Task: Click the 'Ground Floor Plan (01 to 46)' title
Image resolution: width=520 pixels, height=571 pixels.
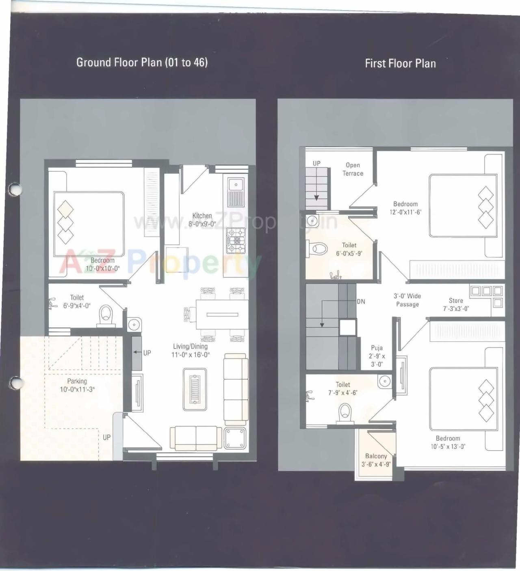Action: pos(142,62)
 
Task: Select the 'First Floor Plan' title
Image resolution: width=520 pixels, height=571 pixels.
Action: pos(400,63)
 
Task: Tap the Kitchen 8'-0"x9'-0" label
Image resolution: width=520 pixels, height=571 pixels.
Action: pos(202,220)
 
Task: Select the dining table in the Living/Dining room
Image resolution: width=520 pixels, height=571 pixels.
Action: pos(222,315)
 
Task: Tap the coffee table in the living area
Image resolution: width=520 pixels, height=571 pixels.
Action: pos(195,389)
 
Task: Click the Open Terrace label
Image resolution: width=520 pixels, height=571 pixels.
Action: pos(353,169)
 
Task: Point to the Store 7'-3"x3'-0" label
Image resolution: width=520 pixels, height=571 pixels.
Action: pos(456,304)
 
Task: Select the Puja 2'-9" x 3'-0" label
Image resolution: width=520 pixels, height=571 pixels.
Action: pos(377,356)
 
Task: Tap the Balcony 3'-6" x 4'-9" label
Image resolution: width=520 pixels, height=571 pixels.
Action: pos(376,460)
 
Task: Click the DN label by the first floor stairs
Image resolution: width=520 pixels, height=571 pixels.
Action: pos(361,302)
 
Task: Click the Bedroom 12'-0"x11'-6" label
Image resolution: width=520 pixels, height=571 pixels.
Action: pos(405,208)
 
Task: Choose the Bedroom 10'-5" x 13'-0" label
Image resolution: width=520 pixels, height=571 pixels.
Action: pos(448,442)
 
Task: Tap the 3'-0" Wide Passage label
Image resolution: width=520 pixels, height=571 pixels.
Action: pos(407,300)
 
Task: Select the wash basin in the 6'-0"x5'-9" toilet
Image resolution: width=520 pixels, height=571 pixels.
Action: pos(312,221)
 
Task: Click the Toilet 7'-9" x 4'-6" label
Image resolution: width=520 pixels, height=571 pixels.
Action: pos(342,388)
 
